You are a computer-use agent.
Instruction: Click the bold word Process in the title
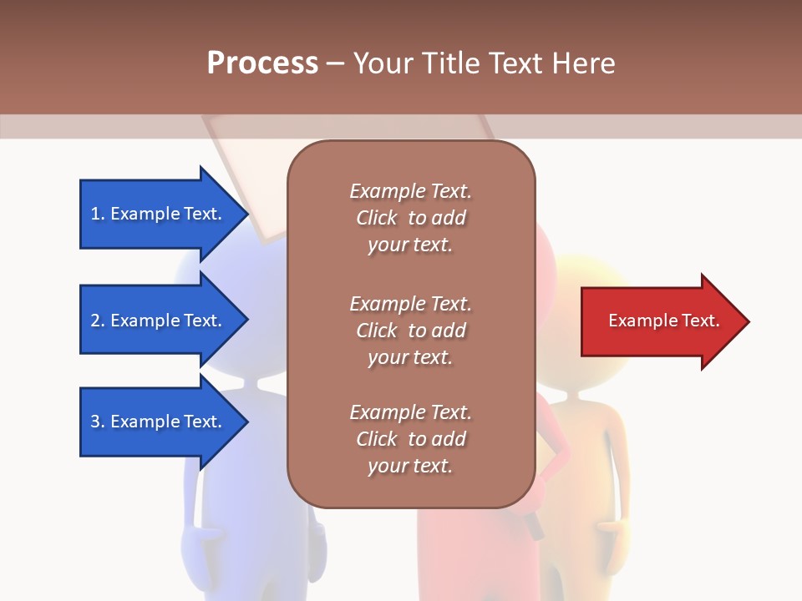[x=262, y=63]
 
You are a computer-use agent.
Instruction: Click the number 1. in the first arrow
[x=98, y=214]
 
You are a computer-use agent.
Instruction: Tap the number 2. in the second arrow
[x=98, y=321]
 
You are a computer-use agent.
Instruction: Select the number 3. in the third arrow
[x=98, y=422]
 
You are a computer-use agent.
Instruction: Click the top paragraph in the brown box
[x=410, y=218]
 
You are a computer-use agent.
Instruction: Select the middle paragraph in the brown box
[x=410, y=330]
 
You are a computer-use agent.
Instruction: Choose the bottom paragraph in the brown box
[x=410, y=439]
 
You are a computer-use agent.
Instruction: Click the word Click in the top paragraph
[x=376, y=218]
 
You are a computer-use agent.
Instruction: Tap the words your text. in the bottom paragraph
[x=410, y=466]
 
